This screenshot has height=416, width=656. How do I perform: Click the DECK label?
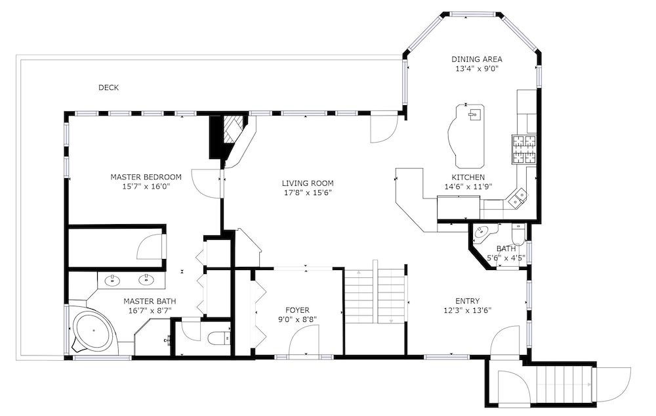108,87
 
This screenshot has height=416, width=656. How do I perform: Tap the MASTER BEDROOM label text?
146,177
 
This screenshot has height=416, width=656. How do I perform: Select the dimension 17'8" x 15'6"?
308,193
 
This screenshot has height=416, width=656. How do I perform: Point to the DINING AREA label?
476,60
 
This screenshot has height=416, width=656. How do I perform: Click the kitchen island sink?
474,114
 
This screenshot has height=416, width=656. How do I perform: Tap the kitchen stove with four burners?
524,150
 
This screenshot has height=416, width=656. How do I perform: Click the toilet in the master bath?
219,337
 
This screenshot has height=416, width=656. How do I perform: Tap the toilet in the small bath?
518,235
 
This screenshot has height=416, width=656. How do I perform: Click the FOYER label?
297,310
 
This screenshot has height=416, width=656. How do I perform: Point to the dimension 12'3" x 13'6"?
467,310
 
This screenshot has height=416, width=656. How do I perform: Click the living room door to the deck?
384,127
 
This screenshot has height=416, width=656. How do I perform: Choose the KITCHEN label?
468,177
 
